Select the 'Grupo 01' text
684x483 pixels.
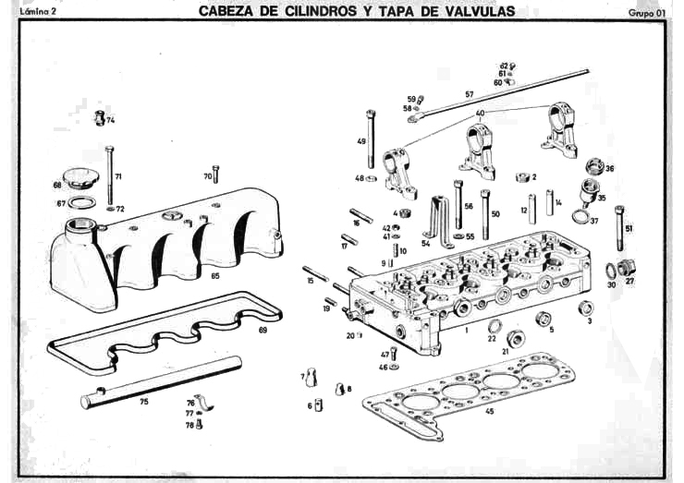[x=646, y=13]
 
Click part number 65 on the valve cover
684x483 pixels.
[x=214, y=275]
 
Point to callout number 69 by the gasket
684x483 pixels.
[x=263, y=330]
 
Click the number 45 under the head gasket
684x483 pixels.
[x=489, y=411]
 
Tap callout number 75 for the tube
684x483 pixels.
[x=143, y=402]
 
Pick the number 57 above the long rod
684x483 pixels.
[x=470, y=94]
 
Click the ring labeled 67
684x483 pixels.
[x=82, y=201]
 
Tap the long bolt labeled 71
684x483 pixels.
[x=109, y=175]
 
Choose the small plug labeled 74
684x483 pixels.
[x=100, y=118]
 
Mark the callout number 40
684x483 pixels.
[x=480, y=113]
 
